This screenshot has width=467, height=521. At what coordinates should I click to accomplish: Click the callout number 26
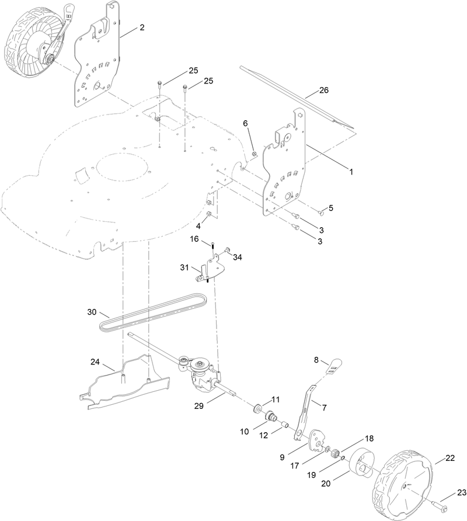point(324,91)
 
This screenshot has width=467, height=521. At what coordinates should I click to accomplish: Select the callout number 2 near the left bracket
point(141,27)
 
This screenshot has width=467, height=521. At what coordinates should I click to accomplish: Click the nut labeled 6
point(255,154)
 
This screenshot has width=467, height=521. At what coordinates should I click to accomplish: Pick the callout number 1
point(351,172)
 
